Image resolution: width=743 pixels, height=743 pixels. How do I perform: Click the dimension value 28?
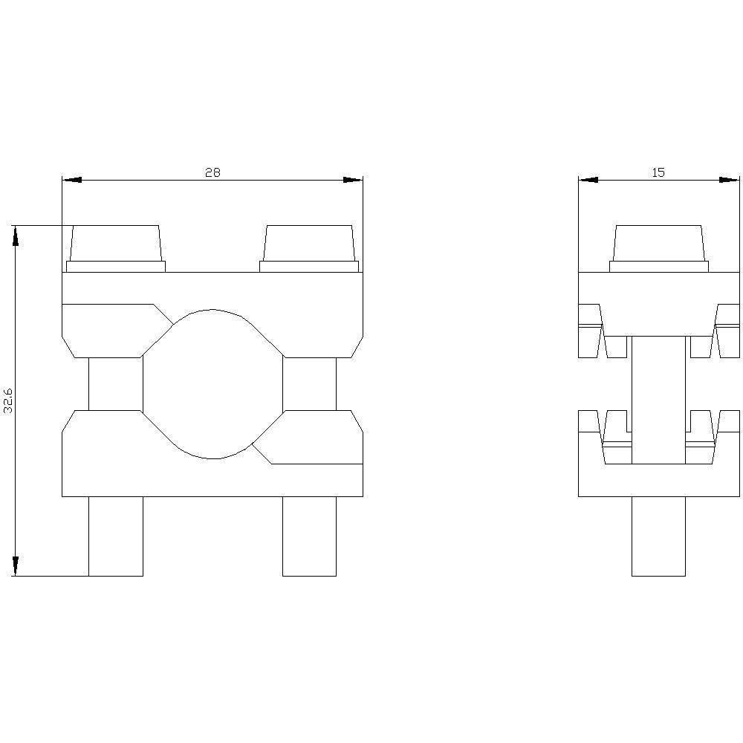(212, 172)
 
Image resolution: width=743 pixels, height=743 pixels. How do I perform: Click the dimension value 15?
(658, 172)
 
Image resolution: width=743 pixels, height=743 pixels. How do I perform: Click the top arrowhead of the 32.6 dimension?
(15, 235)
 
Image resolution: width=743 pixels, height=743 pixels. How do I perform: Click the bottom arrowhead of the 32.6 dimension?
(15, 566)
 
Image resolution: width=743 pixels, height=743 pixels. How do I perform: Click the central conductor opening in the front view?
(212, 383)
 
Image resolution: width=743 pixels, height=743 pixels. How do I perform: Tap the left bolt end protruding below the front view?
(116, 536)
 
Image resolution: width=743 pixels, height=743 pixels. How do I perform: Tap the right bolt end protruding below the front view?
(309, 536)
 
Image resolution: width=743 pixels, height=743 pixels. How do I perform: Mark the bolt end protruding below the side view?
(658, 536)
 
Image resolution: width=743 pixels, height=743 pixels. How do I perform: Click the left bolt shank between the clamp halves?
(116, 383)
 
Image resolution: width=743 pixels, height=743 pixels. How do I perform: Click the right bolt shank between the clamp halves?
(309, 383)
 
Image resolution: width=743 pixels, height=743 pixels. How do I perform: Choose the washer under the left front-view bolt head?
(116, 267)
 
